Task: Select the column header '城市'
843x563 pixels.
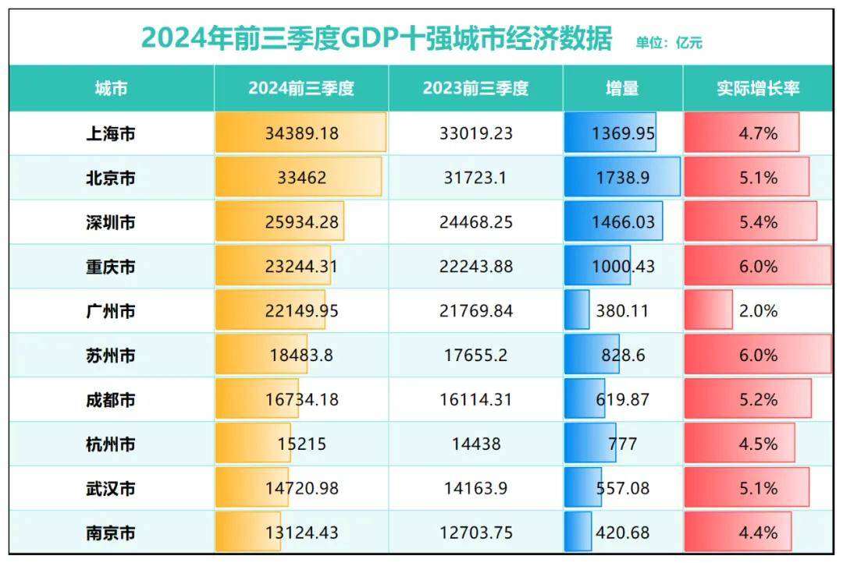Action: point(111,88)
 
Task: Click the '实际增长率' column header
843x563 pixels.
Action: point(758,88)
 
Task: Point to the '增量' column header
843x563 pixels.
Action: point(622,88)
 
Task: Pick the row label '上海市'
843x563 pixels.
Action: point(111,133)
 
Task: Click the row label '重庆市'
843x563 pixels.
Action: point(111,267)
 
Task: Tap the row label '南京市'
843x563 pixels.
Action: point(111,533)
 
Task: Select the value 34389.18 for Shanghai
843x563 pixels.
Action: point(301,133)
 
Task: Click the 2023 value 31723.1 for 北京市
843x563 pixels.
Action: point(475,178)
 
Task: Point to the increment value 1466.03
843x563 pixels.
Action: point(623,222)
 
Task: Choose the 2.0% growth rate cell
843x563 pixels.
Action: point(758,311)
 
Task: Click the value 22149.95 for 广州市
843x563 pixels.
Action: point(301,311)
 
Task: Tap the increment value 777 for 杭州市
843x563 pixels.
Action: point(622,444)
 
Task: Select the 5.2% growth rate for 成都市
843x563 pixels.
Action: point(758,400)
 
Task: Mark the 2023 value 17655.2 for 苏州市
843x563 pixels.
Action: point(475,356)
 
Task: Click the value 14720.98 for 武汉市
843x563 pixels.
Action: point(301,489)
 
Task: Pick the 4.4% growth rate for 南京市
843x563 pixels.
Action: point(758,533)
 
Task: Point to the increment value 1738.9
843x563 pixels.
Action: point(623,178)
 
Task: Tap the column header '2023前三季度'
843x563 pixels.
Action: point(475,88)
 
